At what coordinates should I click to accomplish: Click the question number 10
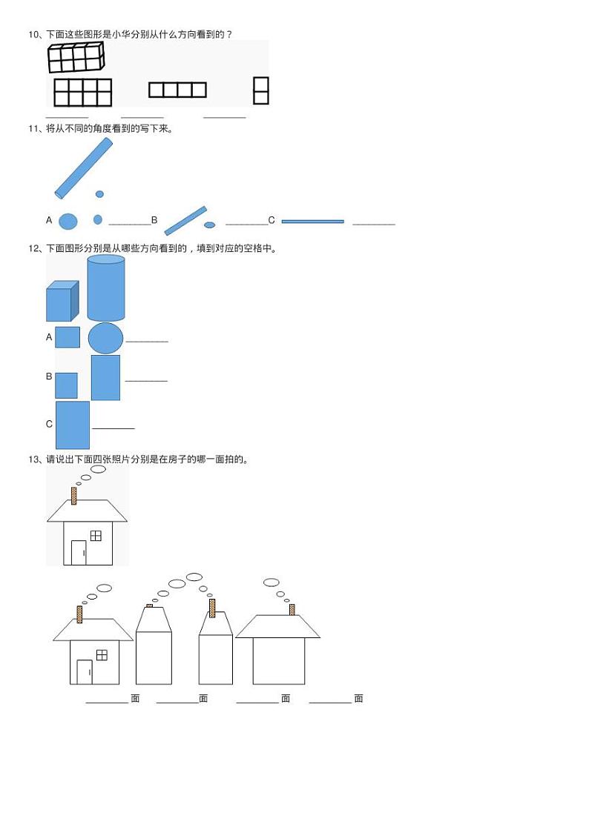(33, 34)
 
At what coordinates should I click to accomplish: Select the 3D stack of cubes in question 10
(76, 57)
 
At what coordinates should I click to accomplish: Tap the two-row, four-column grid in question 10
(82, 93)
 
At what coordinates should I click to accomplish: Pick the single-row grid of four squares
(177, 90)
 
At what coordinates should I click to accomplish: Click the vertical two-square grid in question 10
(260, 90)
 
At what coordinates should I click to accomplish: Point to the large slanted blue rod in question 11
(84, 169)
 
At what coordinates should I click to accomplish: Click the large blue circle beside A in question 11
(68, 221)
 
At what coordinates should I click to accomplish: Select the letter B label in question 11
(154, 220)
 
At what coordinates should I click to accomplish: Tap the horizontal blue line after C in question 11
(312, 221)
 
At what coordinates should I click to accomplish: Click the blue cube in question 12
(62, 302)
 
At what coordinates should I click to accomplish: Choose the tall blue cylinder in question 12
(106, 288)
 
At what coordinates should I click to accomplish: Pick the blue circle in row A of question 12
(106, 338)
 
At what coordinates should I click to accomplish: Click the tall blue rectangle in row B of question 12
(105, 378)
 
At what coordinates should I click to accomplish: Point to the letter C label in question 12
(49, 424)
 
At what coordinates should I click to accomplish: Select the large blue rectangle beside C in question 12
(73, 425)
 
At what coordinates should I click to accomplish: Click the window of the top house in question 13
(96, 535)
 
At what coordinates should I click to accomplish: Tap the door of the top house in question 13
(79, 552)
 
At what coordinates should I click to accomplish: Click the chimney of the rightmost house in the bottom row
(292, 609)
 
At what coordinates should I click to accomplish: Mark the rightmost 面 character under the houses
(358, 698)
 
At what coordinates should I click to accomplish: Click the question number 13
(33, 459)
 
